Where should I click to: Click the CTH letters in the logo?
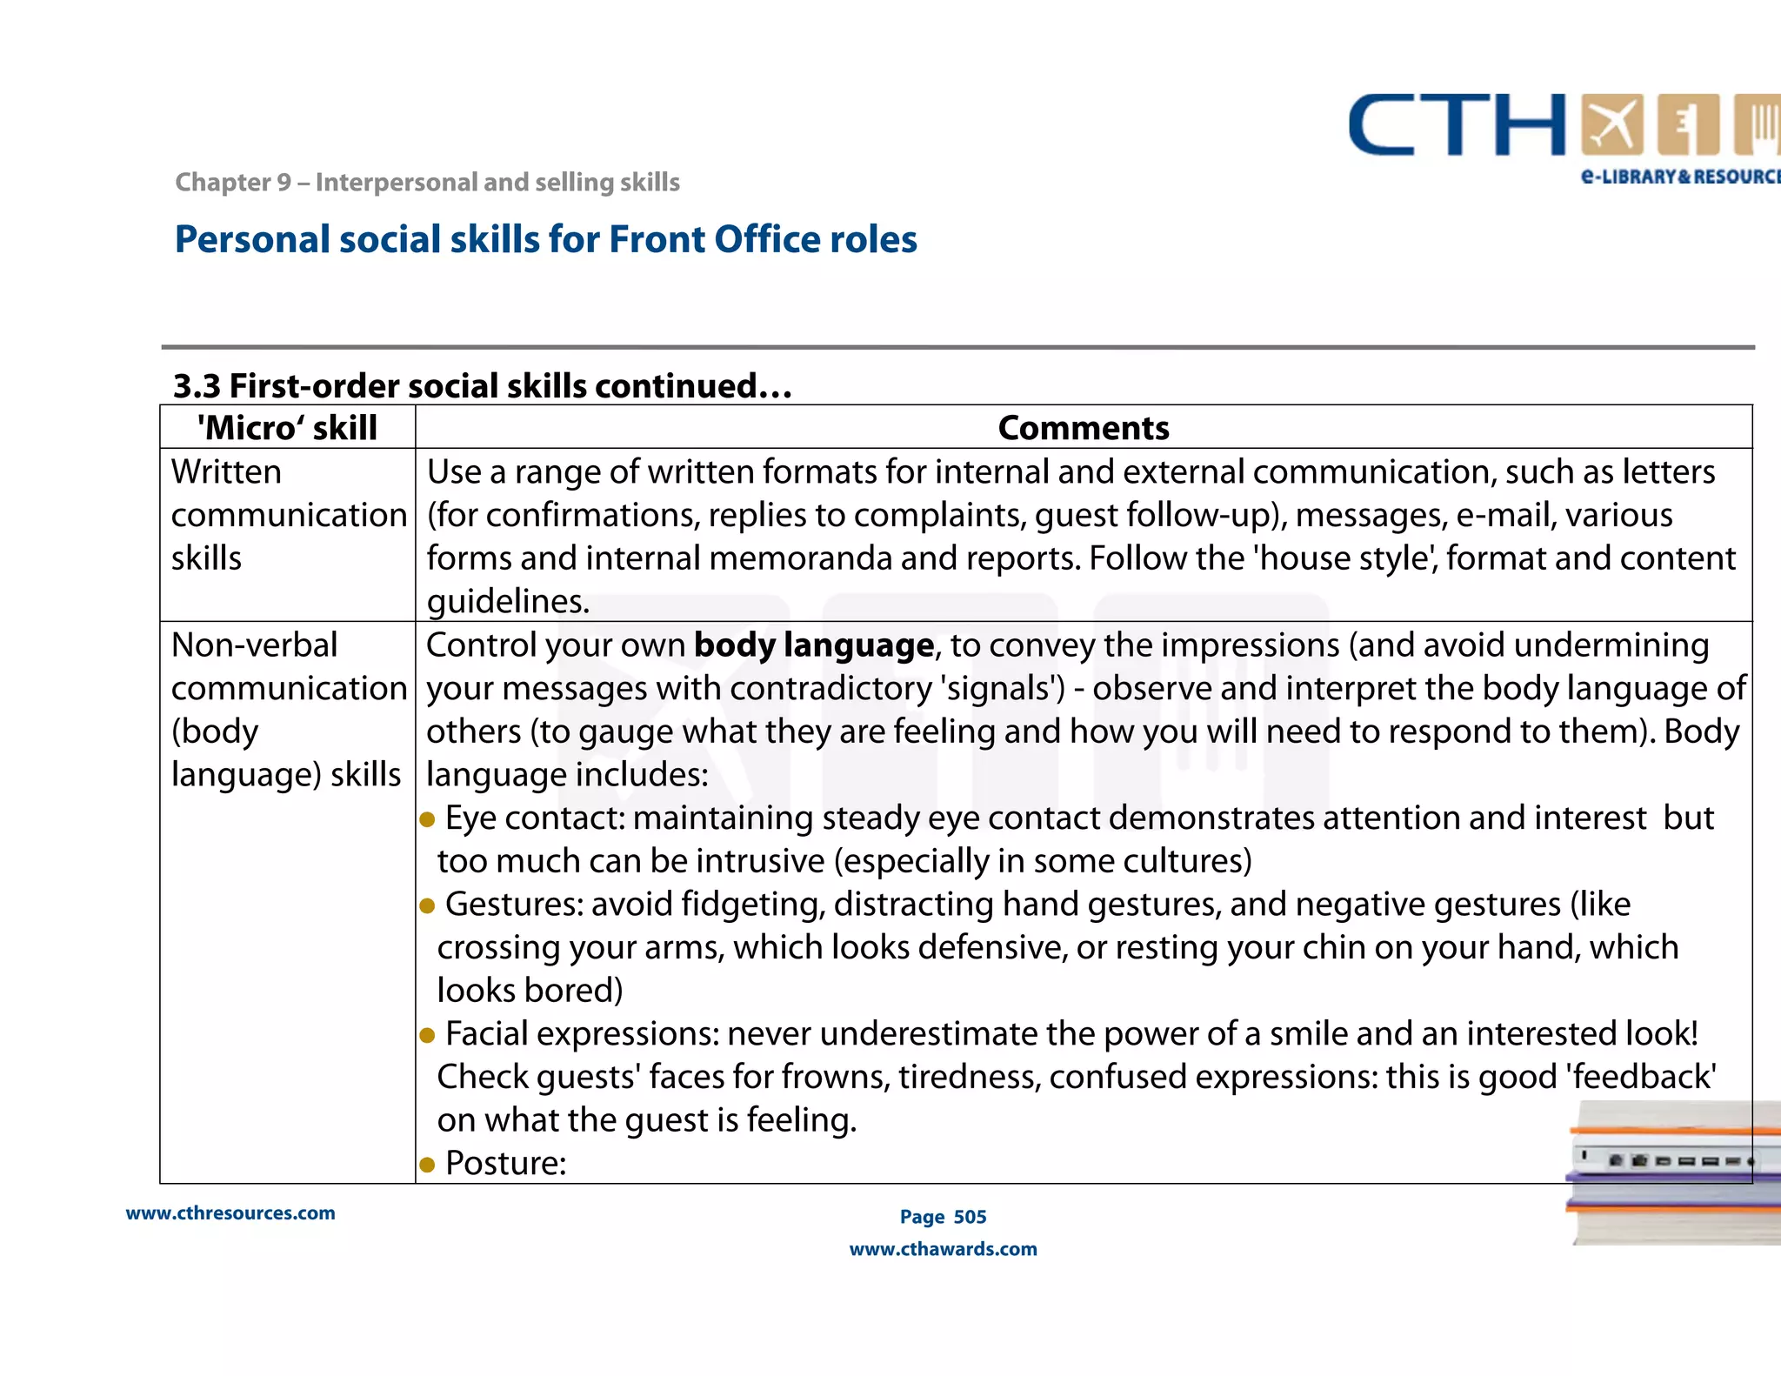(x=1457, y=126)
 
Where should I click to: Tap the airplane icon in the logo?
(x=1612, y=124)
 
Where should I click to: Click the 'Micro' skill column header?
(x=287, y=428)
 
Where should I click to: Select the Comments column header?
(x=1084, y=428)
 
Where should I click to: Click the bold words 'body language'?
(x=813, y=645)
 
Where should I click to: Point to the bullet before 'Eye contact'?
(x=427, y=819)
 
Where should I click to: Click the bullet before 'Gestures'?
(x=427, y=905)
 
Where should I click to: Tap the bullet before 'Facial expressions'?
(x=427, y=1035)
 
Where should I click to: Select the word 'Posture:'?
(x=505, y=1163)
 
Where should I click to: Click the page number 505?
(x=970, y=1217)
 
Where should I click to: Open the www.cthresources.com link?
(x=230, y=1213)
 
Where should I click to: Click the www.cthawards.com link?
(x=943, y=1249)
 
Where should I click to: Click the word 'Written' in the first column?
(x=226, y=472)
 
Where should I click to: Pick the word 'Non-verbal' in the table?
(x=254, y=645)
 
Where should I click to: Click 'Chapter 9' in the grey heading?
(x=233, y=183)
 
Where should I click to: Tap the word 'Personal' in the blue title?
(x=252, y=240)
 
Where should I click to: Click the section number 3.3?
(x=197, y=386)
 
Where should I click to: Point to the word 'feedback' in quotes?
(x=1641, y=1077)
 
